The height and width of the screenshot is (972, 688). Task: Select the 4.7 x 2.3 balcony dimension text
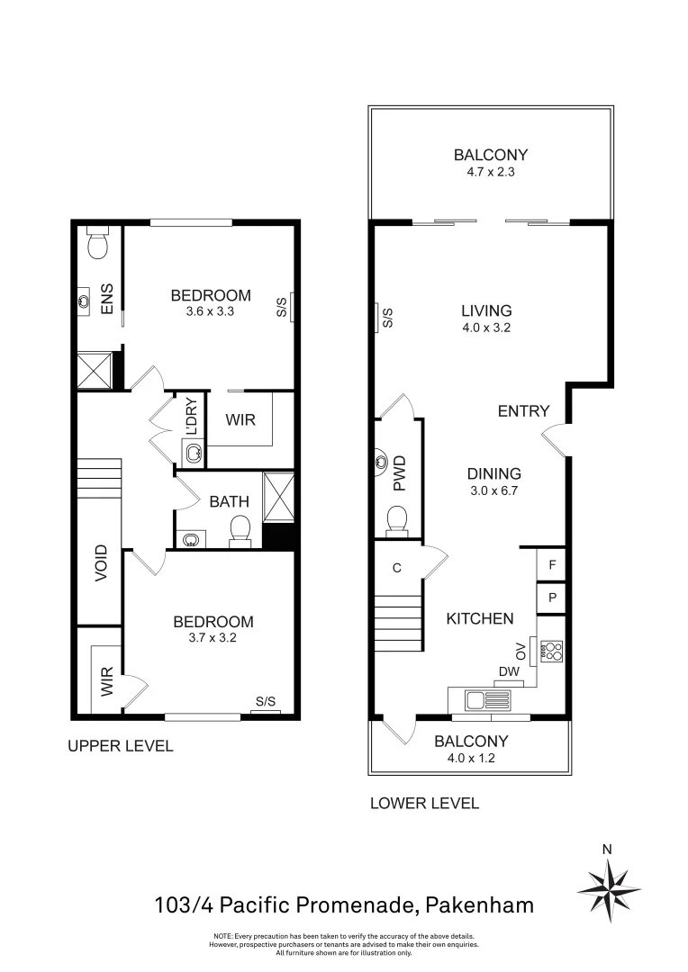490,171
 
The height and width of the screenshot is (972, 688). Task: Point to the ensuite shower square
94,370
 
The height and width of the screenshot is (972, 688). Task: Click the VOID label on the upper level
101,562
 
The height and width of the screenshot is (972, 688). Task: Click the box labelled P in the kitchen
551,598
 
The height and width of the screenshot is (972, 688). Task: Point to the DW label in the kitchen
509,671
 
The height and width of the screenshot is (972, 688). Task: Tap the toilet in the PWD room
397,518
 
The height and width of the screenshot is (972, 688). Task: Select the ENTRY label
523,411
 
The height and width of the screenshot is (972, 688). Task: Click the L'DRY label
191,416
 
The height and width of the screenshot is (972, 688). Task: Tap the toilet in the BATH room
240,530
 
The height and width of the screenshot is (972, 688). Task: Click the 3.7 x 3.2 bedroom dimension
213,637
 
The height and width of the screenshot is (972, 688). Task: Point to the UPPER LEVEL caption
121,746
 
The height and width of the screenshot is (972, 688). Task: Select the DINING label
493,473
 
